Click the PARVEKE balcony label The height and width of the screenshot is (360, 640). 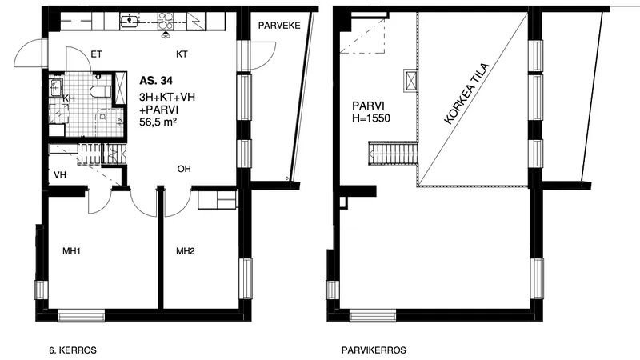[279, 26]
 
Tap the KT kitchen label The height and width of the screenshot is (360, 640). [182, 54]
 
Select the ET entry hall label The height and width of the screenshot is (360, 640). [96, 54]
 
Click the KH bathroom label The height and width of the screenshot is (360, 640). [69, 98]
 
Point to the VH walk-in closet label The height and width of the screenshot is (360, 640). [60, 175]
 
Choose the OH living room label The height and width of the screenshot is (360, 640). [184, 169]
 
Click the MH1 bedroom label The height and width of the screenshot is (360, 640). [71, 251]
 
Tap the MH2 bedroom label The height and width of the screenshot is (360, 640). [186, 251]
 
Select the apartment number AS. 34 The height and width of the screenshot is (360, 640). [156, 81]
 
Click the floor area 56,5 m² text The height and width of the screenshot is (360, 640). [158, 122]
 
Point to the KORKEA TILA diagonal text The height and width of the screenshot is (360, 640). [466, 94]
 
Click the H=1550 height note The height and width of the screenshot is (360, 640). [371, 118]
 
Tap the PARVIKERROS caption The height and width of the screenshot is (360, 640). [374, 350]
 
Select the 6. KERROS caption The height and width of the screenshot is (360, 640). [73, 350]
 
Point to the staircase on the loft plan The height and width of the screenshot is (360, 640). [394, 153]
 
